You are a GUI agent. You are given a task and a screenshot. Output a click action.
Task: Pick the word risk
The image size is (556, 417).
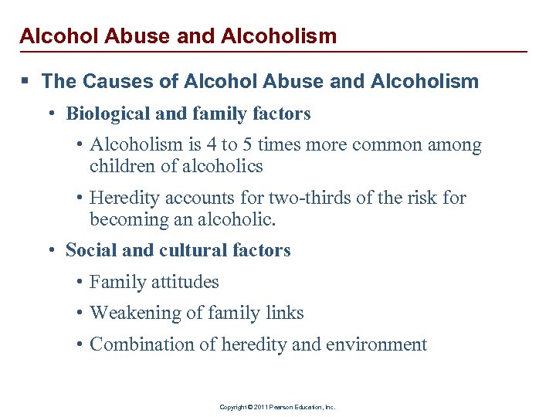(x=424, y=198)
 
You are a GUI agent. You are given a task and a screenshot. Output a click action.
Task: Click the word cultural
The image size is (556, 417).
(x=192, y=250)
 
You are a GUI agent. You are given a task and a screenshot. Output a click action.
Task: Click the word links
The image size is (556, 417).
(x=284, y=313)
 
